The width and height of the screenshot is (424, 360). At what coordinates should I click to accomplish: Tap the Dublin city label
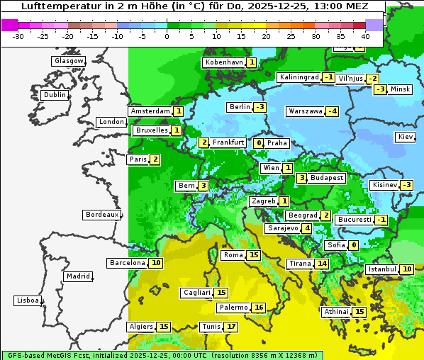pyautogui.click(x=55, y=95)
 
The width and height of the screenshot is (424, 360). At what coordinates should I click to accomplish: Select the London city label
pyautogui.click(x=111, y=122)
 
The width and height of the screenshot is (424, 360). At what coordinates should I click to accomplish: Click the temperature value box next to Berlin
pyautogui.click(x=260, y=107)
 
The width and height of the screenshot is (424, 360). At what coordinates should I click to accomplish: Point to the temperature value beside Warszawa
pyautogui.click(x=332, y=111)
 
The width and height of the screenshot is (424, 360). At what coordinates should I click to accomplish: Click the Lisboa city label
pyautogui.click(x=27, y=300)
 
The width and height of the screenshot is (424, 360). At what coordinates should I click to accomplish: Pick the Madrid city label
pyautogui.click(x=77, y=276)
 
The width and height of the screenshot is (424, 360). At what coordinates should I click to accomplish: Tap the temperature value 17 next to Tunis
pyautogui.click(x=230, y=327)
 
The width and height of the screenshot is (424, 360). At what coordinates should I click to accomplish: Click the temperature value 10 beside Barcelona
pyautogui.click(x=156, y=263)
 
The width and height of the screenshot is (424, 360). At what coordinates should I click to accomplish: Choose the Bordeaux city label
pyautogui.click(x=102, y=215)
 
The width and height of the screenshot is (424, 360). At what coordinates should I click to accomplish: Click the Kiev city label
pyautogui.click(x=406, y=137)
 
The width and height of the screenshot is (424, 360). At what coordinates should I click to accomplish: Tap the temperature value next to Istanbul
pyautogui.click(x=407, y=269)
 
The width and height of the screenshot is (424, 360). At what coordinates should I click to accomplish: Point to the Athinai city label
pyautogui.click(x=336, y=312)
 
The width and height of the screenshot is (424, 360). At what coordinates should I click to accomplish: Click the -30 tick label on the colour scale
pyautogui.click(x=18, y=36)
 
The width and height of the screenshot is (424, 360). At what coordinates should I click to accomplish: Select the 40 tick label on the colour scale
pyautogui.click(x=365, y=36)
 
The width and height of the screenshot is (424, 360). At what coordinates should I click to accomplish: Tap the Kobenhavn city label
pyautogui.click(x=224, y=62)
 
